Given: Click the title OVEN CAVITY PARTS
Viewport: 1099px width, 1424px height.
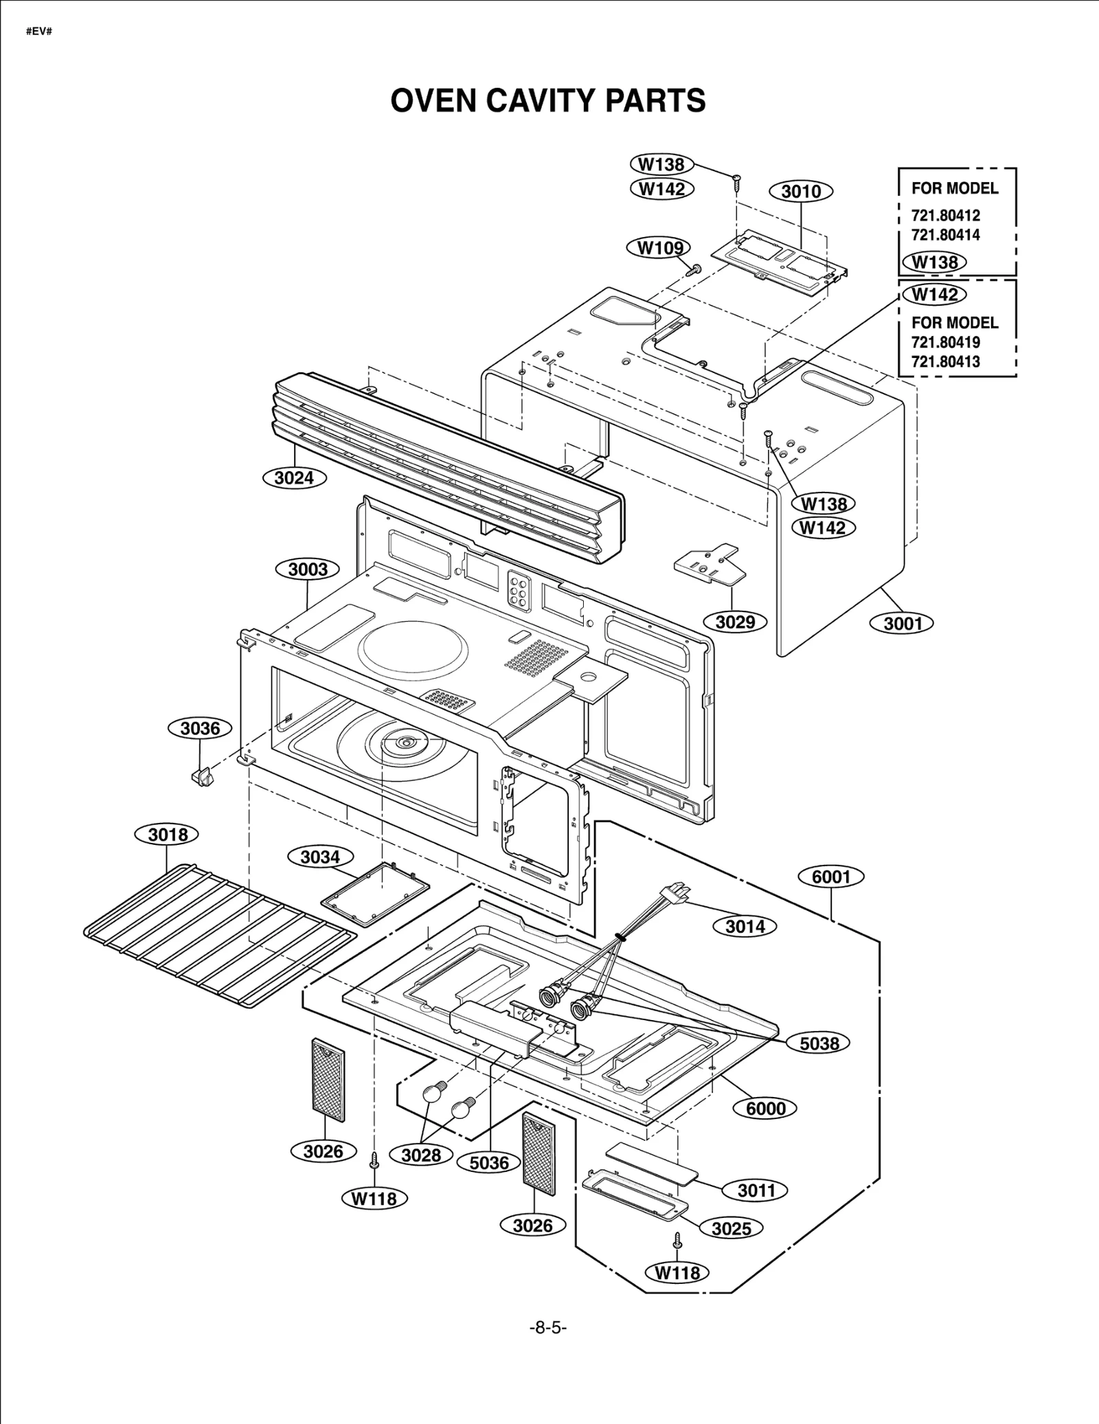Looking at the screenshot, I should [547, 100].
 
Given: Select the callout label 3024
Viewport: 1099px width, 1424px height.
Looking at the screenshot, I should [294, 478].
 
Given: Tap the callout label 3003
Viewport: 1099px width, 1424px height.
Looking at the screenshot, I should [308, 569].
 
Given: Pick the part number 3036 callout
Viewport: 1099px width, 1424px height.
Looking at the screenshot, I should [200, 728].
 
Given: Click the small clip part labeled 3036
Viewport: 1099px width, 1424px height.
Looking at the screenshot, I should [201, 778].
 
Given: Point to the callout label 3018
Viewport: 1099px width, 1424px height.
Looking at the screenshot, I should [168, 835].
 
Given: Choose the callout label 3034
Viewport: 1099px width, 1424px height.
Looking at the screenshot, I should [320, 857].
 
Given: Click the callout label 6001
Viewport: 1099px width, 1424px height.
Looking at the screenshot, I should [831, 877].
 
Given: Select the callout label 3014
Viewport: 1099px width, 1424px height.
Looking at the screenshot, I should [745, 927].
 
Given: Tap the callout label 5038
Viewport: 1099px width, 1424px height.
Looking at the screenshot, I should [819, 1043].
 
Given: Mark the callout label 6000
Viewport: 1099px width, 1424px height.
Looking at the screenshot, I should [766, 1108].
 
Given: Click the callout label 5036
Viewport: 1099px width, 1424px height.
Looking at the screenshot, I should [489, 1162].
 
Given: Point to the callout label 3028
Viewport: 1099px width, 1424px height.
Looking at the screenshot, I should [420, 1155].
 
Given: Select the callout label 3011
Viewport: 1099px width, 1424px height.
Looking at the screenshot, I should [756, 1190].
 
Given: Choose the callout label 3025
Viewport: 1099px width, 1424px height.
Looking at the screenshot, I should [731, 1228].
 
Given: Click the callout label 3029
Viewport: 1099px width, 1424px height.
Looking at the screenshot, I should [735, 622].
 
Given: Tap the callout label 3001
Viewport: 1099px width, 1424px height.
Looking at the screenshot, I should [903, 624].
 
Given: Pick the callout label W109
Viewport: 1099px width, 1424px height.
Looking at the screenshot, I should [659, 248].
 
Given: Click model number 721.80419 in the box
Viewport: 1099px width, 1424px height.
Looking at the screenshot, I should [945, 342].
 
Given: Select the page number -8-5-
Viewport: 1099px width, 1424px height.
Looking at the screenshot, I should [547, 1328].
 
